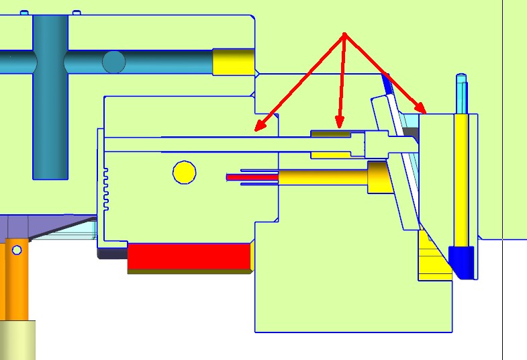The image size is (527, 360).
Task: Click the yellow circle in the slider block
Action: [184, 173]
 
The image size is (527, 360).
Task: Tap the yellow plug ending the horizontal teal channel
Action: [233, 62]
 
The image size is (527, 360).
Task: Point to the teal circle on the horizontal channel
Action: [113, 62]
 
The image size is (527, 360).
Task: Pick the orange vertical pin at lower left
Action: [16, 282]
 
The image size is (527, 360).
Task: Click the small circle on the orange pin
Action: [17, 251]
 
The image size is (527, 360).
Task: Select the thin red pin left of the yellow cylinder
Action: [252, 177]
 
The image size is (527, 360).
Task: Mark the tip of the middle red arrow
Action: [340, 126]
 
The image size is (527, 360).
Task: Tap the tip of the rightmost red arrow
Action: [424, 111]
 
